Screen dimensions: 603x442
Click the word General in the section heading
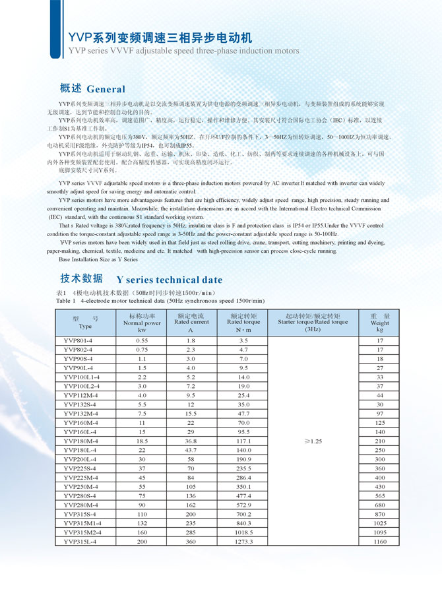[x=106, y=89]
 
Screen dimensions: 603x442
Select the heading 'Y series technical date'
[x=170, y=280]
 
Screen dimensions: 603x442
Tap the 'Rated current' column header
[x=191, y=323]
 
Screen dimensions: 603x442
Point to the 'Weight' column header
[x=379, y=323]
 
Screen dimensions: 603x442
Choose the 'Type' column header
[x=85, y=323]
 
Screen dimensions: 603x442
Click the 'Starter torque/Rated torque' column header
[x=313, y=323]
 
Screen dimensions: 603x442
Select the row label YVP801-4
[x=79, y=340]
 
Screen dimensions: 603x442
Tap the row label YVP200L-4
[x=80, y=459]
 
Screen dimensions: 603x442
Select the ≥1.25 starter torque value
[x=312, y=440]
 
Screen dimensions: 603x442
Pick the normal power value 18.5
[x=142, y=440]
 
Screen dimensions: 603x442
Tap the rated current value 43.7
[x=191, y=449]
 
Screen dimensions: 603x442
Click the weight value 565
[x=379, y=495]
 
